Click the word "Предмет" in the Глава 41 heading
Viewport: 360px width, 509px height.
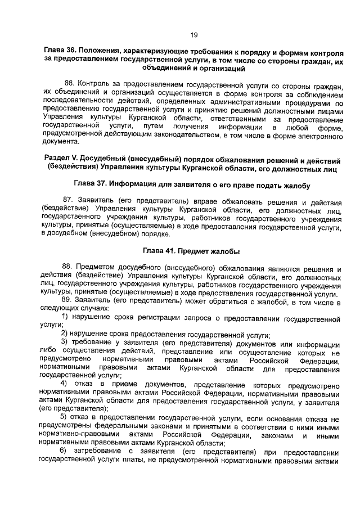197,251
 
